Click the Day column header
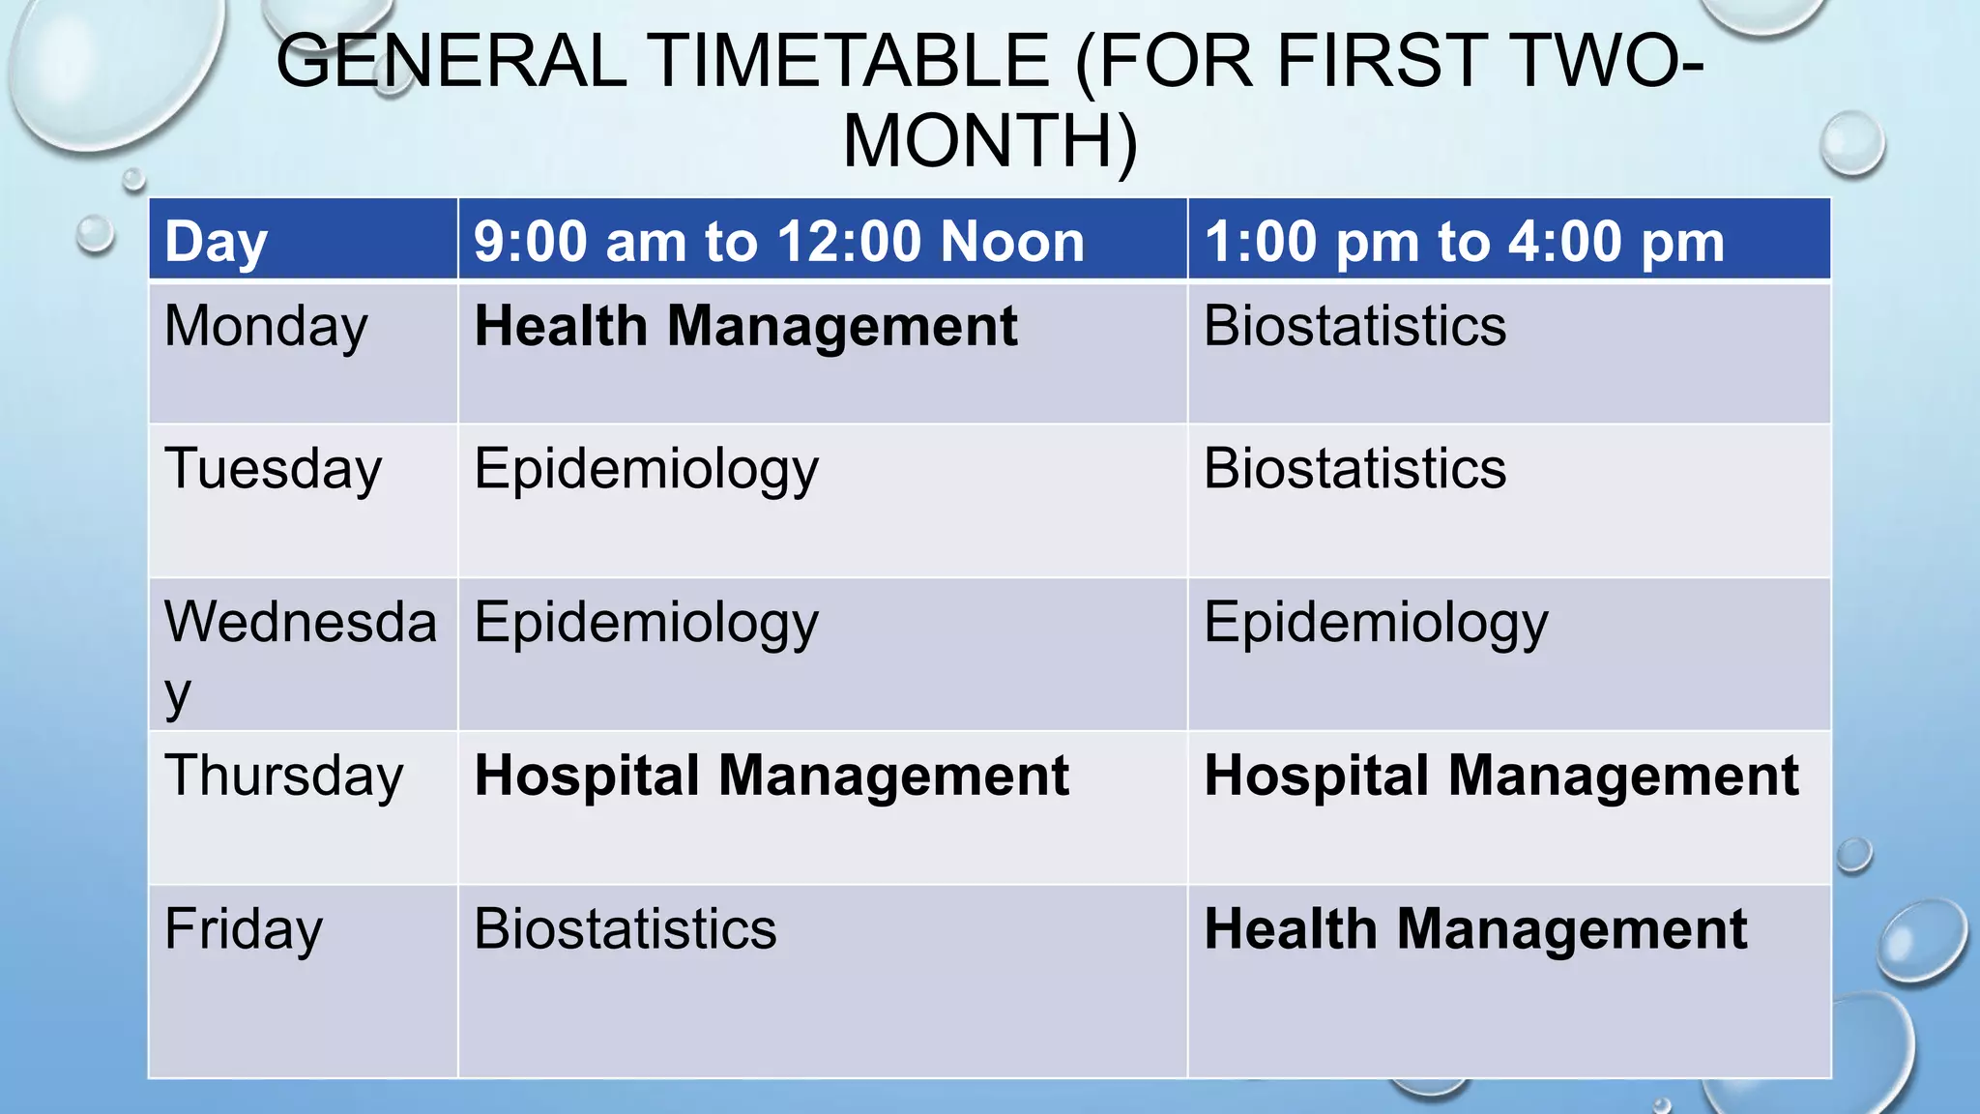coord(216,241)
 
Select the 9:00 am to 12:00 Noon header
coord(778,241)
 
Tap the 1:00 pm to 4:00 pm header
coord(1464,241)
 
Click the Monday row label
coord(266,327)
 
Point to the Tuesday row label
coord(273,470)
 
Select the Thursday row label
coord(283,777)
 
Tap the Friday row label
coord(244,929)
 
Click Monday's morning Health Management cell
coord(745,327)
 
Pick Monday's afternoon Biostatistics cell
coord(1354,327)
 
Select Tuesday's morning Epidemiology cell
coord(646,470)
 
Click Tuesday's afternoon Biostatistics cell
coord(1354,470)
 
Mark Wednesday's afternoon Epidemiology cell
coord(1376,624)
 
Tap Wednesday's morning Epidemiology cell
coord(646,624)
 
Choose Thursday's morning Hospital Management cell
coord(772,777)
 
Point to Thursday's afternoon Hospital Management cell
coord(1501,777)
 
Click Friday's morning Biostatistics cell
coord(625,929)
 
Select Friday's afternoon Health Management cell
coord(1475,929)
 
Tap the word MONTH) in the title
coord(990,141)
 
